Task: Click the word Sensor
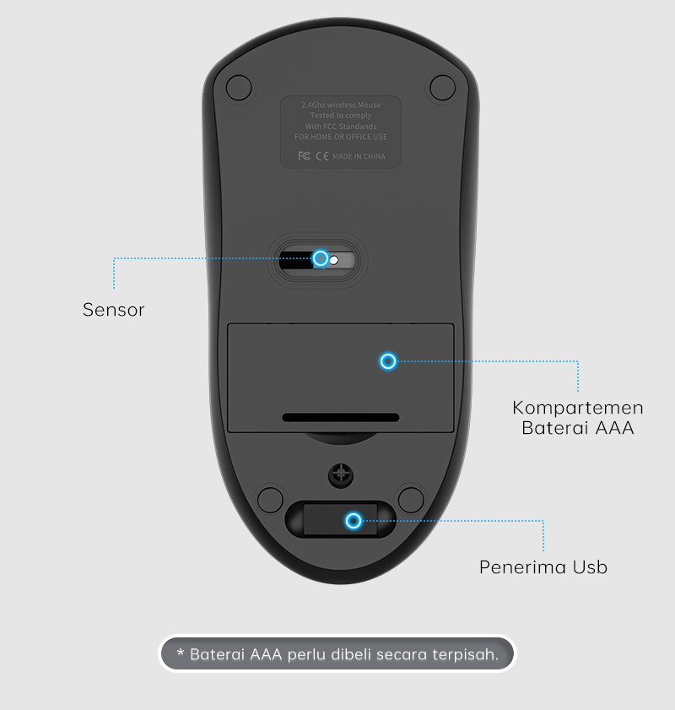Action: click(x=114, y=310)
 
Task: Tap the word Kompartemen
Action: click(x=578, y=408)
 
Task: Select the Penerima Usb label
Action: click(x=543, y=567)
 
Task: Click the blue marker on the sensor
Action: click(x=321, y=258)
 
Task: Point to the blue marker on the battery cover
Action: click(x=387, y=361)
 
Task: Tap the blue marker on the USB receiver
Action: click(x=354, y=521)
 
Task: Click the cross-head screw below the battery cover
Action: click(x=342, y=473)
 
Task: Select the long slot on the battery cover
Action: click(x=341, y=417)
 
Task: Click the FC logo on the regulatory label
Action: click(x=305, y=156)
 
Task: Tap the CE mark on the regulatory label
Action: click(x=321, y=156)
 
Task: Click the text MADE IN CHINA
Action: click(x=359, y=156)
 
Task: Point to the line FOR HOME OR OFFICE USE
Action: click(x=341, y=137)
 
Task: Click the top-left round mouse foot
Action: click(x=240, y=86)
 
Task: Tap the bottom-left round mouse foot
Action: click(x=270, y=498)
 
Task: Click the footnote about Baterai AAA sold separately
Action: click(x=337, y=654)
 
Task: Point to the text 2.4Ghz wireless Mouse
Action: click(x=341, y=105)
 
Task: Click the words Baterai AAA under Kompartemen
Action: click(x=578, y=428)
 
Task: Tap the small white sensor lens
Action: click(x=334, y=260)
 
